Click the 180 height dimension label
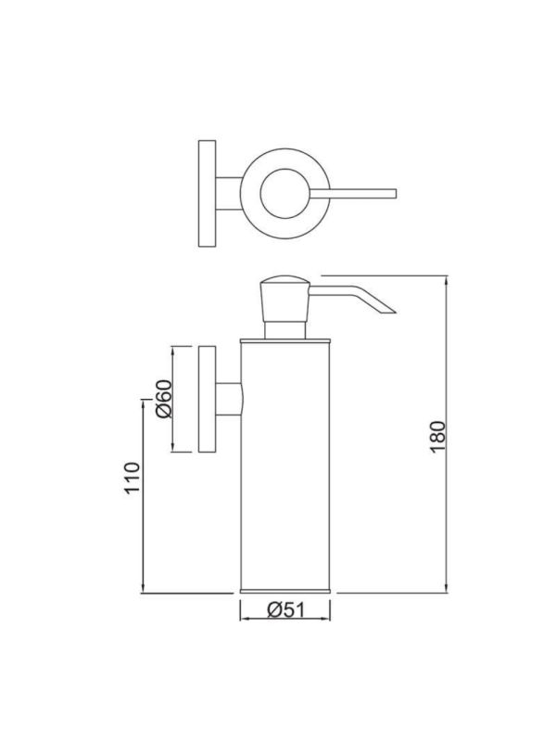437,436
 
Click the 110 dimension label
133,478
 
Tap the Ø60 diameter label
164,399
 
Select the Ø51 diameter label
286,609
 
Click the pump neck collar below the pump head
284,331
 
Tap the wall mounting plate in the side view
207,399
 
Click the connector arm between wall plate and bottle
229,399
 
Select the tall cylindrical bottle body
285,466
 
